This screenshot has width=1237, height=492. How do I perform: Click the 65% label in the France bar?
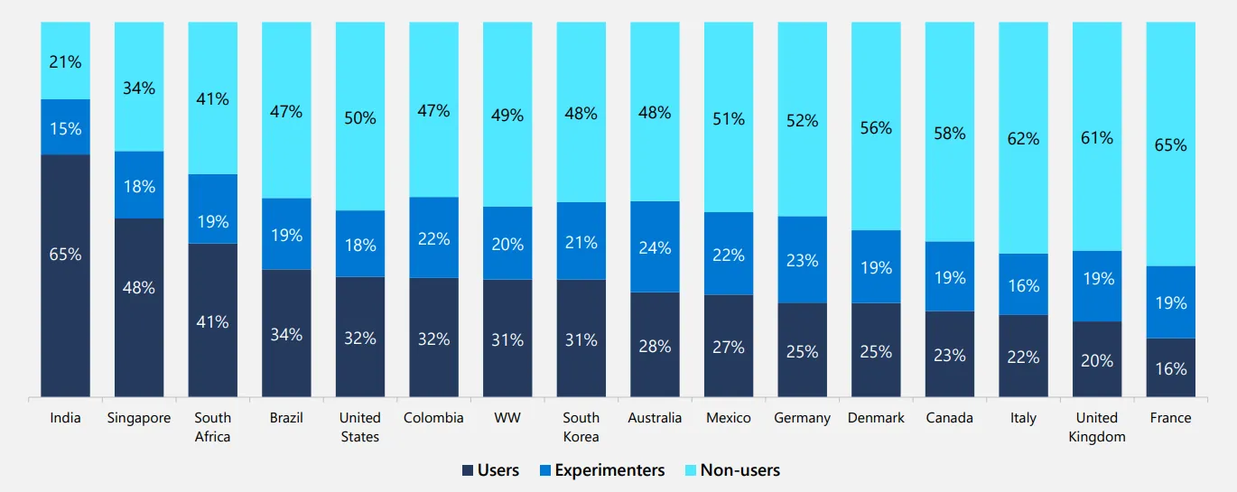[x=1170, y=144]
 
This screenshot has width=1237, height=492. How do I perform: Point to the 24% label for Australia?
[x=655, y=247]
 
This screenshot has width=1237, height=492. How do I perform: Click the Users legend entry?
[x=490, y=470]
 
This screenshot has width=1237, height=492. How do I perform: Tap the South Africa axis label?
[x=213, y=427]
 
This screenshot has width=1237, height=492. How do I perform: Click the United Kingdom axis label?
[x=1097, y=427]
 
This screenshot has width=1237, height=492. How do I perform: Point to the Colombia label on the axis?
[x=433, y=418]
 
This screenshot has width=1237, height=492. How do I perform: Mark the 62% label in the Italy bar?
[x=1023, y=139]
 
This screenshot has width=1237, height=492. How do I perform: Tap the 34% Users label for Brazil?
[x=286, y=335]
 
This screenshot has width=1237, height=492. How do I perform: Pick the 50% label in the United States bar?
[x=360, y=118]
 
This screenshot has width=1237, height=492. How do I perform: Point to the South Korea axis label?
[x=581, y=427]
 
